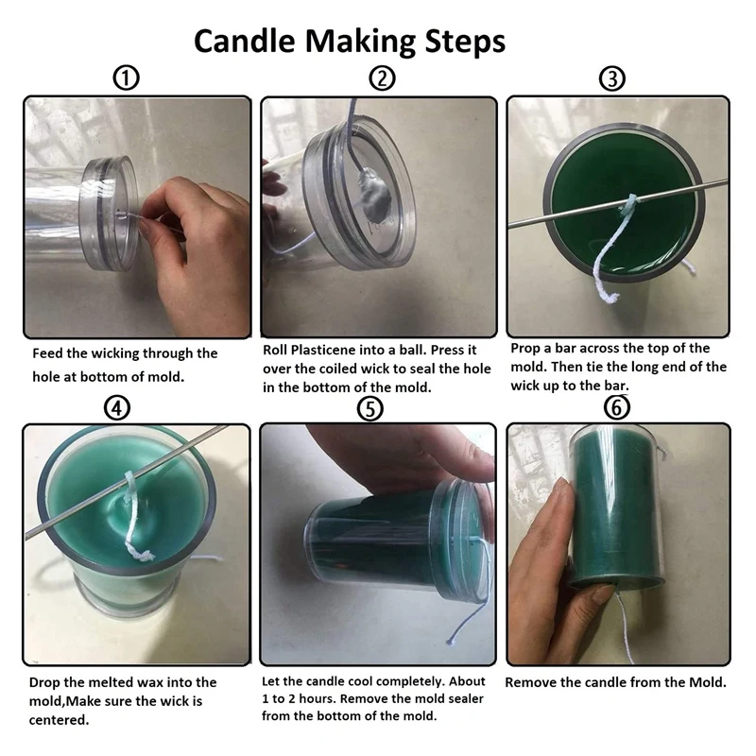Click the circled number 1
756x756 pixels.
click(126, 77)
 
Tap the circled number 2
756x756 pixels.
click(383, 78)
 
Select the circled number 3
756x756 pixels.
click(612, 78)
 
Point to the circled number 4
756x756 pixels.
click(117, 408)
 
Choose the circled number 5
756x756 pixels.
click(370, 409)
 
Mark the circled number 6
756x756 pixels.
click(617, 408)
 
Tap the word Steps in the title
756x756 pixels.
click(465, 43)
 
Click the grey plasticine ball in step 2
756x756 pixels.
click(373, 188)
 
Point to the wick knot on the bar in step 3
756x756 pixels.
click(628, 204)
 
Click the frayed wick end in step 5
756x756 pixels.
click(452, 641)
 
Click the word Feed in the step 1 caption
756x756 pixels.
click(48, 353)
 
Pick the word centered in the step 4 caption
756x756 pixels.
click(59, 720)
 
